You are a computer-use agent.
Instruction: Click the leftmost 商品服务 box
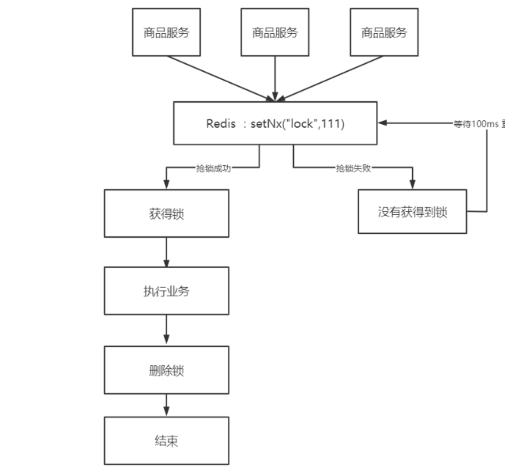[x=166, y=32]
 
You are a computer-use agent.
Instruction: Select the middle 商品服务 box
[x=275, y=32]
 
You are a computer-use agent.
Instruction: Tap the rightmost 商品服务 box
[x=384, y=32]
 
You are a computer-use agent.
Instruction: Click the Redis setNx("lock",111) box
[x=275, y=123]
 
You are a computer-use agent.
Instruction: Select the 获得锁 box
[x=166, y=213]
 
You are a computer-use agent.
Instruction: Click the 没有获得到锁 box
[x=412, y=212]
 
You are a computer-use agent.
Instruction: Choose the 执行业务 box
[x=166, y=291]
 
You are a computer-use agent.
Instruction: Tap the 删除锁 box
[x=166, y=370]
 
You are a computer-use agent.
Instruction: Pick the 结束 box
[x=166, y=441]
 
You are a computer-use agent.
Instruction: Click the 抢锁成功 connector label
[x=213, y=167]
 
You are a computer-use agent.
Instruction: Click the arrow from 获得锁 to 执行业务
[x=166, y=252]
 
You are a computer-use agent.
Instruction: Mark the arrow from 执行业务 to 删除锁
[x=166, y=330]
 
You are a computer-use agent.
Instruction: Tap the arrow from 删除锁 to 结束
[x=166, y=405]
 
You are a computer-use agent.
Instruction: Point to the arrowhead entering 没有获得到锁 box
[x=412, y=185]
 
